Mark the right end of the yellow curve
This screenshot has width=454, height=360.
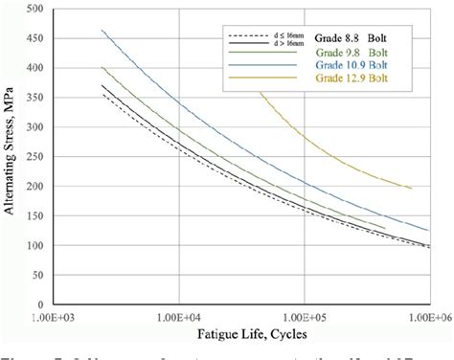[412, 189]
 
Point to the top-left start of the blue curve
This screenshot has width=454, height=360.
[102, 31]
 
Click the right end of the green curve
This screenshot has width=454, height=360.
[386, 229]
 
